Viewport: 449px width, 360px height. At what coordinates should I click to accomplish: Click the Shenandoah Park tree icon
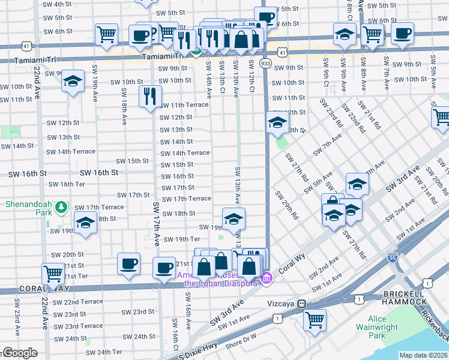(61, 208)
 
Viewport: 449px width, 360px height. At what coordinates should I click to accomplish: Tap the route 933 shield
(265, 62)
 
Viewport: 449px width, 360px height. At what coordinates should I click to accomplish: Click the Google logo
(19, 353)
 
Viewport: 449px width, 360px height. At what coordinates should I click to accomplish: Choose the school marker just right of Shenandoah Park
(86, 221)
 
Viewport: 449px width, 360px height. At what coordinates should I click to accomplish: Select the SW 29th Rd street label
(287, 204)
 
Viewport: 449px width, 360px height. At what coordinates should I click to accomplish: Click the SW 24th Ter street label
(109, 352)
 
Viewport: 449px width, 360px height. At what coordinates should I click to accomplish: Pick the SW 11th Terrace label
(184, 105)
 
